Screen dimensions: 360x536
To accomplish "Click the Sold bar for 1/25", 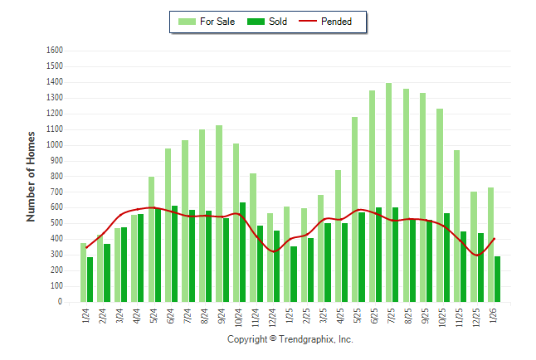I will [293, 274].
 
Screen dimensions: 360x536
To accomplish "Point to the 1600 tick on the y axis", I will [55, 50].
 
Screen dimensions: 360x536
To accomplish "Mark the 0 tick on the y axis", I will [61, 302].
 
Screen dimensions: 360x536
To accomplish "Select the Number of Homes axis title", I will [32, 176].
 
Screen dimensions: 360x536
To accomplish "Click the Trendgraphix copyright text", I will [290, 339].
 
